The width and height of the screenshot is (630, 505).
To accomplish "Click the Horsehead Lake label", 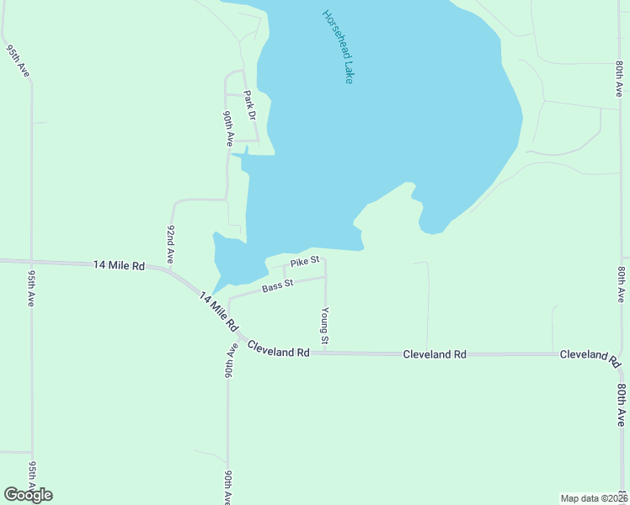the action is pos(338,46).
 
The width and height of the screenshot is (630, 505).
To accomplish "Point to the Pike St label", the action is pos(304,262).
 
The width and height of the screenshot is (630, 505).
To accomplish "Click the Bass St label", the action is pos(276,286).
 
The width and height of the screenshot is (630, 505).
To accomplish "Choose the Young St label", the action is pos(324,325).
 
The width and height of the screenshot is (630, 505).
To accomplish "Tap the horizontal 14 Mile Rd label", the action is pos(119,265).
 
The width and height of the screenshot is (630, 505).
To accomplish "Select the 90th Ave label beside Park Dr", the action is pos(227,129).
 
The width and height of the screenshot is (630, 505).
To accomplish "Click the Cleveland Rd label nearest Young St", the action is pos(279,352).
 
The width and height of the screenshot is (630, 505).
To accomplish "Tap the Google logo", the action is pos(28,495).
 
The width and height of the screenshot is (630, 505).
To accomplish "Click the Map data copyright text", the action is pos(593,498).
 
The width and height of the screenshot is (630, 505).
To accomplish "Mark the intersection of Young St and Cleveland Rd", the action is pos(326,353).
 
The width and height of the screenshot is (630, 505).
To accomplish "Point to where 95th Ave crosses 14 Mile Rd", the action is pos(31,261).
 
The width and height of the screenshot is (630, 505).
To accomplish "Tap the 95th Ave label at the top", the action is pos(19,61).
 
